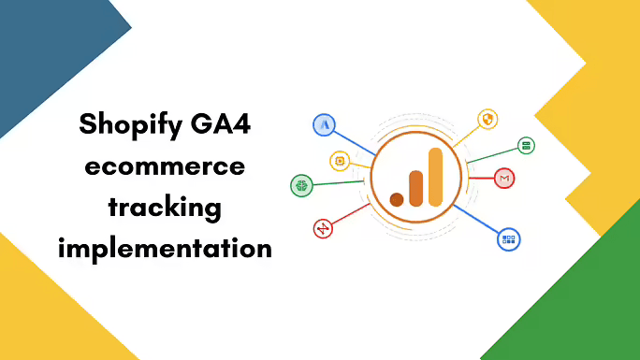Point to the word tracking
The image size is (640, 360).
165,207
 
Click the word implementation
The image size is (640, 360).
166,249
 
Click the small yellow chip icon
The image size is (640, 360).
339,161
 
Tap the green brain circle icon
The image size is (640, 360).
301,184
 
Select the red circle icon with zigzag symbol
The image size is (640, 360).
323,227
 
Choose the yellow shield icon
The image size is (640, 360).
487,119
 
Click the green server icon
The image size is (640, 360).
527,146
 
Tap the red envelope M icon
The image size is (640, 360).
504,178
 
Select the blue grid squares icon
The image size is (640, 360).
509,239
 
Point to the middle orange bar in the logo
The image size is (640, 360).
415,187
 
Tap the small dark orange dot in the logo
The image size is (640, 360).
397,198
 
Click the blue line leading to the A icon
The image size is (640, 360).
356,140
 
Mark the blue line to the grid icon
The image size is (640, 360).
477,221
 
